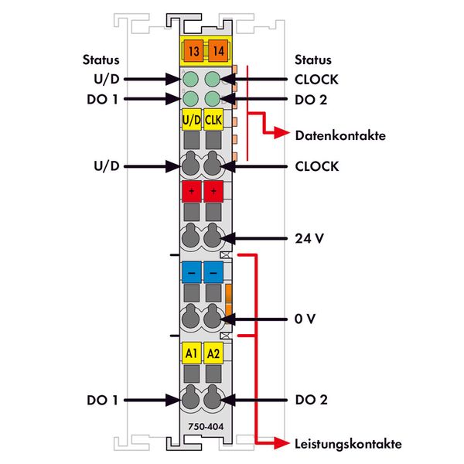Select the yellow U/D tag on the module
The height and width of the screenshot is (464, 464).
pyautogui.click(x=191, y=120)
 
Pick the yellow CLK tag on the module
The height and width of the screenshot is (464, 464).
pyautogui.click(x=213, y=120)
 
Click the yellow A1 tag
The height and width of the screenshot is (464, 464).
pyautogui.click(x=191, y=354)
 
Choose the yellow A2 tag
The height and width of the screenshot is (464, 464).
pyautogui.click(x=213, y=354)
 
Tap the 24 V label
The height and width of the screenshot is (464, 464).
pyautogui.click(x=309, y=239)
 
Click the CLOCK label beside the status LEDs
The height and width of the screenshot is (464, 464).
pyautogui.click(x=317, y=79)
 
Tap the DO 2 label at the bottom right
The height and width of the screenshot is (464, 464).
pyautogui.click(x=310, y=400)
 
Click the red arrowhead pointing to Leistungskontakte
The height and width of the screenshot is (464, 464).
pyautogui.click(x=283, y=443)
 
